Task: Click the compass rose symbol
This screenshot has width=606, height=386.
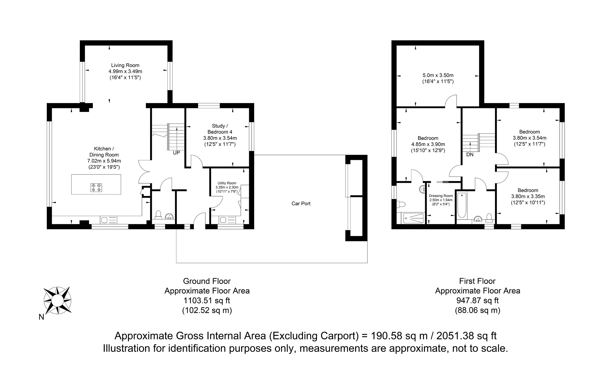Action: coord(57,301)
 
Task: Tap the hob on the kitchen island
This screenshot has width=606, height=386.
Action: coord(96,188)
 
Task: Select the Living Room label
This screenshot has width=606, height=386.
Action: coord(125,65)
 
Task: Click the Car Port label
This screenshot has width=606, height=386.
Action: coord(301,203)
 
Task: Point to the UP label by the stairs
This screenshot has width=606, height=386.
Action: coord(176,153)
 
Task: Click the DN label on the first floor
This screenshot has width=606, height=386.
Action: coord(470,154)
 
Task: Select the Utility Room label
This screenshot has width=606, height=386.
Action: coord(227,183)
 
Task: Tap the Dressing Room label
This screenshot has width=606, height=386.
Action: coord(441,196)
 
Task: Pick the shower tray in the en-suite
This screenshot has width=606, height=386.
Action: coord(413,218)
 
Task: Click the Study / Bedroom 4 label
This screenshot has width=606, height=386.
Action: coord(220,129)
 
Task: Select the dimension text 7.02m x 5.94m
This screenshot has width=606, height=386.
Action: coord(104,161)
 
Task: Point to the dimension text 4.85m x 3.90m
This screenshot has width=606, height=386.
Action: coord(428,144)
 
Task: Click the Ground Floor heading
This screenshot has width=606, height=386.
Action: coord(207,281)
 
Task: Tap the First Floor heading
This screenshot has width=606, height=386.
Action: coord(477,281)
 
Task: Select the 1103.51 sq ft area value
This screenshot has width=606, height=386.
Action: coord(207,301)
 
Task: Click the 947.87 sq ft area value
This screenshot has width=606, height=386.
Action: coord(477,301)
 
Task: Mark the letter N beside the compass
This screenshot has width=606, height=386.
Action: coord(41,317)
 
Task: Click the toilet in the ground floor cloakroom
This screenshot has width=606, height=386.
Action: coord(158,215)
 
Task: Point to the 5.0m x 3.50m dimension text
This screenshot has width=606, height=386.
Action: coord(438,75)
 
